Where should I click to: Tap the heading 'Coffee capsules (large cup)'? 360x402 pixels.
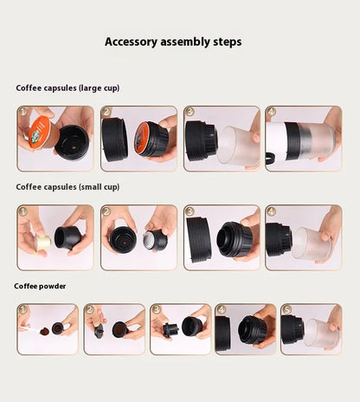[x=67, y=88]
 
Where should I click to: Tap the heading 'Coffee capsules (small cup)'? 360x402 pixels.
[x=67, y=186]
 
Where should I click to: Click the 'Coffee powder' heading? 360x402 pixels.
[x=40, y=285]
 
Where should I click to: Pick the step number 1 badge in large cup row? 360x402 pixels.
[x=24, y=113]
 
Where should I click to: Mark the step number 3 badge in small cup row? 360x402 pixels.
[x=190, y=211]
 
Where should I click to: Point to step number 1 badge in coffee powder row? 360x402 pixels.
[x=23, y=308]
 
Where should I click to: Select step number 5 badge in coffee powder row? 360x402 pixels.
[x=287, y=308]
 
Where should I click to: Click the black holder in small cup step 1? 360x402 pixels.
[x=67, y=237]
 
